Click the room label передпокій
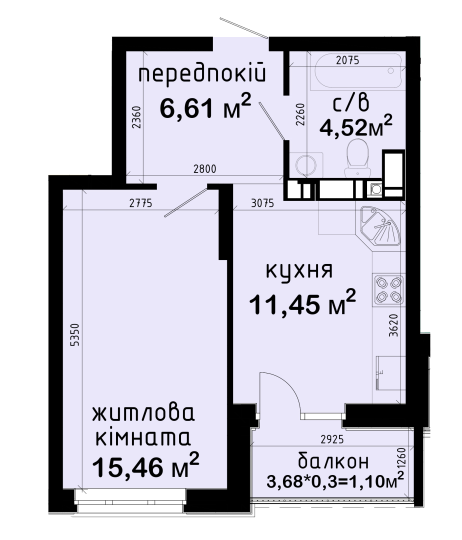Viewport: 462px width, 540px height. pos(202,75)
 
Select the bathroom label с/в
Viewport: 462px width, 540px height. pos(351,103)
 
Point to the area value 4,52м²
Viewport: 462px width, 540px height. pos(356,126)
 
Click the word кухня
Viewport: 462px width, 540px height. pos(299,271)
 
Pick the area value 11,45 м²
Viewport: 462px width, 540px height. pos(302,302)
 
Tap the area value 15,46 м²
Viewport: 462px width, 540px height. pos(146,465)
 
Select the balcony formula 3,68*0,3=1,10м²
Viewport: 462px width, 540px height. pos(335,480)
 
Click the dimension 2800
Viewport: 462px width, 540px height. pos(205,169)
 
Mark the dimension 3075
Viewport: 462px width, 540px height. pos(262,203)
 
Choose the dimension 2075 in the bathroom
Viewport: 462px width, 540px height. pos(347,60)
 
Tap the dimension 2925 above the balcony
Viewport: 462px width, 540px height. pos(332,439)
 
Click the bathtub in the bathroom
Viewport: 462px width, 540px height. pos(356,70)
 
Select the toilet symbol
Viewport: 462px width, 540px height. pos(357,158)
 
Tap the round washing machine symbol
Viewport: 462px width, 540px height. pos(306,165)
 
